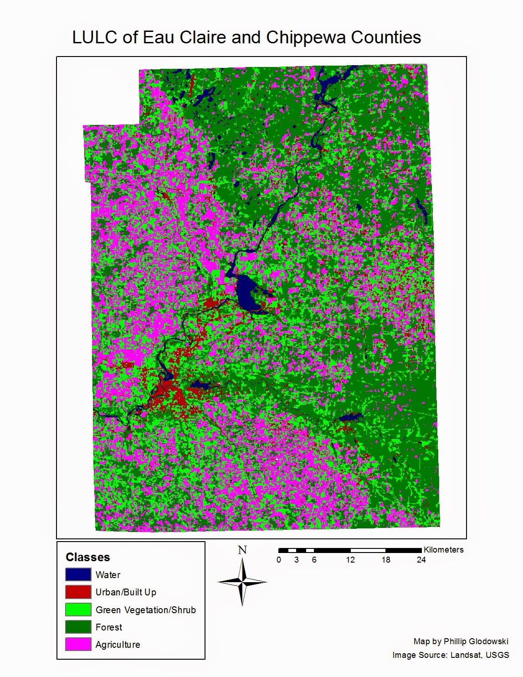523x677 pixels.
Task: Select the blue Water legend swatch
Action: pyautogui.click(x=78, y=574)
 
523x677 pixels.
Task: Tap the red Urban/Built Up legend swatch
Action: pyautogui.click(x=78, y=592)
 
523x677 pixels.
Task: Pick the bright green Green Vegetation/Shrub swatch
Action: pyautogui.click(x=78, y=610)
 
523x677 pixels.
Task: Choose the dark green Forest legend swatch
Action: pyautogui.click(x=78, y=627)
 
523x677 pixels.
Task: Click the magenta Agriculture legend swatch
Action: pyautogui.click(x=78, y=644)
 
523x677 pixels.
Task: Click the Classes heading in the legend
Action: pyautogui.click(x=87, y=557)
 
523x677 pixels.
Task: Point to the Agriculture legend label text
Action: pyautogui.click(x=118, y=645)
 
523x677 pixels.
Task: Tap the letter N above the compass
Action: pyautogui.click(x=242, y=550)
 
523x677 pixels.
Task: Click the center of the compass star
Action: pyautogui.click(x=243, y=582)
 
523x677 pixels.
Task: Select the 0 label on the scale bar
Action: pyautogui.click(x=279, y=560)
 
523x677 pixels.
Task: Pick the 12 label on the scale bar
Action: pyautogui.click(x=350, y=560)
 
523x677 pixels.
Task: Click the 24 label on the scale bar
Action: pyautogui.click(x=421, y=560)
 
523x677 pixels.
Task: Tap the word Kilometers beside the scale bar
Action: pyautogui.click(x=443, y=550)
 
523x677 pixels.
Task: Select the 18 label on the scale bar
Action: pyautogui.click(x=385, y=560)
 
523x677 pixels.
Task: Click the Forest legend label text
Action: pyautogui.click(x=108, y=627)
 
